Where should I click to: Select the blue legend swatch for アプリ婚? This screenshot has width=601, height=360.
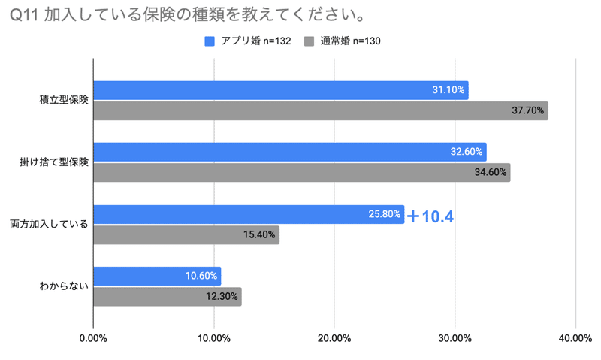click(x=210, y=41)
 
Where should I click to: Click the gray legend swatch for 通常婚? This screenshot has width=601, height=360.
click(x=309, y=41)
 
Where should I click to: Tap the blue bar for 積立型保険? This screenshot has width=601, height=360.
click(x=280, y=90)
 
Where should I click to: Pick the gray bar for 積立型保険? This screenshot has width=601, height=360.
click(x=320, y=110)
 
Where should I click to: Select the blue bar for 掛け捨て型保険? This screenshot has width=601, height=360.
click(x=289, y=152)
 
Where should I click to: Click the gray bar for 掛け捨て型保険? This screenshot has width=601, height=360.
click(x=301, y=172)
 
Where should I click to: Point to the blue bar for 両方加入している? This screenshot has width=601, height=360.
click(x=248, y=214)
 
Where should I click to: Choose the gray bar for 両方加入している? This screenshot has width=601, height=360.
click(x=186, y=234)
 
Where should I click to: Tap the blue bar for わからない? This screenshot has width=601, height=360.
click(x=156, y=276)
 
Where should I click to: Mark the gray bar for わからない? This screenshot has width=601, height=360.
click(x=167, y=296)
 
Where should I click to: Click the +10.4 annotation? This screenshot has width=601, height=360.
click(x=430, y=216)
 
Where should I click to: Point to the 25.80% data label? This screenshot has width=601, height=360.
click(x=385, y=214)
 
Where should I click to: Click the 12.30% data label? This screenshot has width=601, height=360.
click(x=222, y=296)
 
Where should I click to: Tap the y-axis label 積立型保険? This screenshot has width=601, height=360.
click(x=64, y=100)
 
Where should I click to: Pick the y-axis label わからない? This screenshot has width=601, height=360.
click(x=64, y=286)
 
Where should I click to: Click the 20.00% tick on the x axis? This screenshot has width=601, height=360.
click(x=334, y=338)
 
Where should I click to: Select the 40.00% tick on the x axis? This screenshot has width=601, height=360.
click(x=575, y=338)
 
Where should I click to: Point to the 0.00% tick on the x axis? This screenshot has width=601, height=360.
click(x=93, y=338)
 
